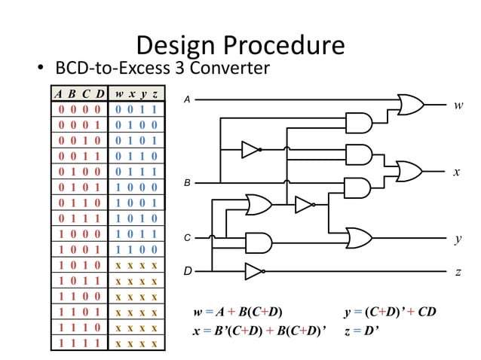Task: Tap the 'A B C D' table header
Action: coord(78,95)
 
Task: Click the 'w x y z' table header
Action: coord(136,95)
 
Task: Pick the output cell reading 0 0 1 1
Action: coord(136,110)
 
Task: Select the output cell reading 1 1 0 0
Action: coord(136,249)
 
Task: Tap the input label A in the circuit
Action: coord(188,99)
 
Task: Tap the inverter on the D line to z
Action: coord(253,270)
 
